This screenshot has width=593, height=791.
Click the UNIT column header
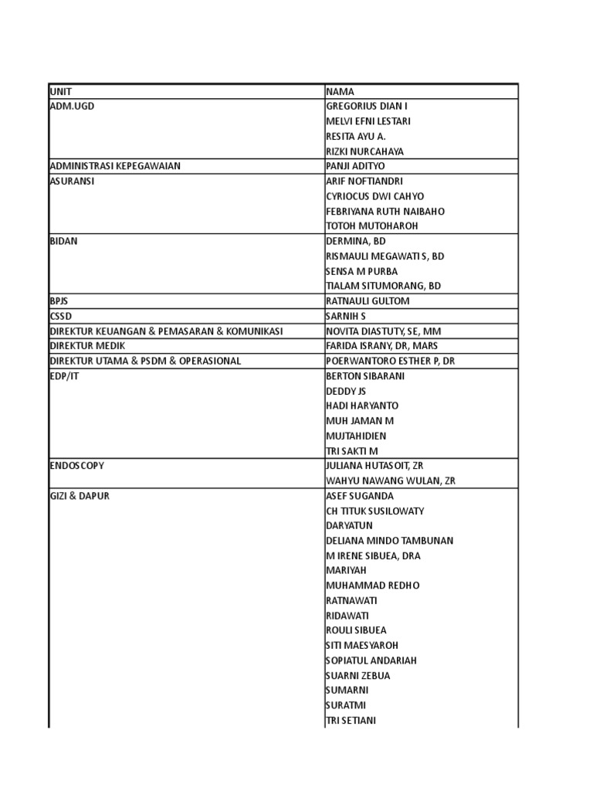click(61, 91)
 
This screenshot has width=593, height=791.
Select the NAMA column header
click(340, 91)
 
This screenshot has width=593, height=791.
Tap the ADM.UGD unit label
click(72, 106)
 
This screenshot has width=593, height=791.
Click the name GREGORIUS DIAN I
click(367, 106)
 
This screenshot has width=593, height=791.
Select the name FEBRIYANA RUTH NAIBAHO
click(385, 211)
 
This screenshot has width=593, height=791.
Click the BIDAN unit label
click(63, 241)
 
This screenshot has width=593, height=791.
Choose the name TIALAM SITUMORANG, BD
click(383, 286)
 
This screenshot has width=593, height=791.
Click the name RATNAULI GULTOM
click(368, 301)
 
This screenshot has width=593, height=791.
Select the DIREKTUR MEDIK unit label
click(87, 346)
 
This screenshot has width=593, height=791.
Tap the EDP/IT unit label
click(65, 376)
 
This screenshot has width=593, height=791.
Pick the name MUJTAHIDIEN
click(356, 436)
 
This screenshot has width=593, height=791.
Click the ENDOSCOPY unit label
click(76, 466)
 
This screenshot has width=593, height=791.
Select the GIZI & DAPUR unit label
click(80, 496)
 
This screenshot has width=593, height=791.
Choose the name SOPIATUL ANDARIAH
click(371, 660)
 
